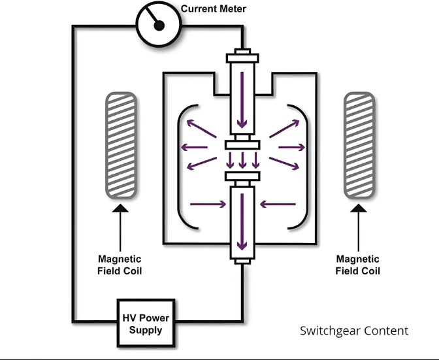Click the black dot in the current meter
pyautogui.click(x=159, y=25)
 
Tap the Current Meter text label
pyautogui.click(x=214, y=8)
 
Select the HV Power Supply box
pyautogui.click(x=146, y=323)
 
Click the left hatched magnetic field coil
pyautogui.click(x=121, y=145)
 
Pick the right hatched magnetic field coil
pyautogui.click(x=359, y=145)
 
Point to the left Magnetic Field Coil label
pyautogui.click(x=120, y=265)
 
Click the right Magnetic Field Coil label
pyautogui.click(x=358, y=265)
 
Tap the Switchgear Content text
pyautogui.click(x=354, y=331)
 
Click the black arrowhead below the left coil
pyautogui.click(x=120, y=208)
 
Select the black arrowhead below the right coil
pyautogui.click(x=359, y=208)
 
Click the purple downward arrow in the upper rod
pyautogui.click(x=242, y=100)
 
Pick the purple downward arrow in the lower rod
pyautogui.click(x=242, y=221)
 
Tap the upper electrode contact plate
pyautogui.click(x=242, y=145)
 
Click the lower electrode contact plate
pyautogui.click(x=242, y=176)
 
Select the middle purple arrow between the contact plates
pyautogui.click(x=243, y=160)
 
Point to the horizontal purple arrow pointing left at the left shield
pyautogui.click(x=194, y=147)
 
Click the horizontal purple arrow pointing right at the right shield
pyautogui.click(x=292, y=147)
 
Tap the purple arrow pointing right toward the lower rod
pyautogui.click(x=208, y=204)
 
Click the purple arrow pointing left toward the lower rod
pyautogui.click(x=278, y=204)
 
